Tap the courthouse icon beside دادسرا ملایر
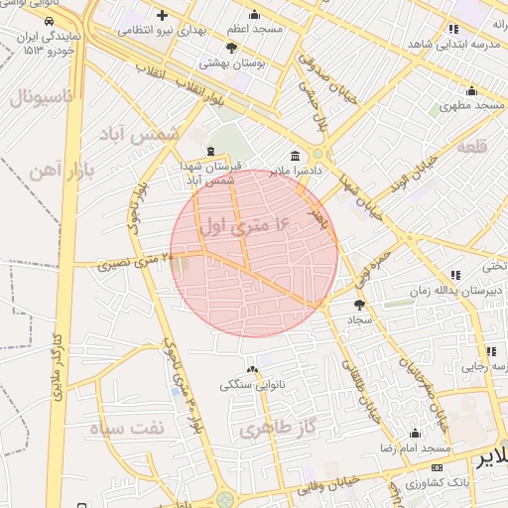295,156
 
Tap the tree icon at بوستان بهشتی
232,48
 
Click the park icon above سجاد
358,304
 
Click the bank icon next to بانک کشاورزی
438,467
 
